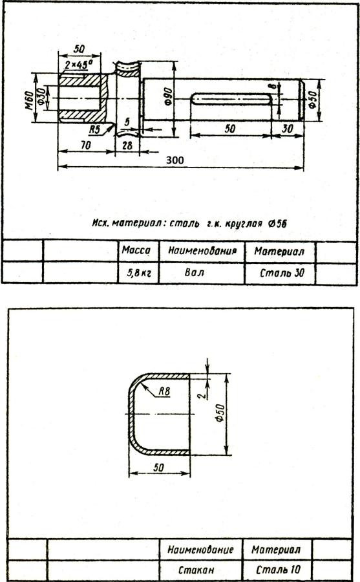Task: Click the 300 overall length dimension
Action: pos(175,160)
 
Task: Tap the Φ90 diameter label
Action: pos(168,97)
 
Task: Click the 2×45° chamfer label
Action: pos(78,65)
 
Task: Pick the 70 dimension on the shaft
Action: pos(86,145)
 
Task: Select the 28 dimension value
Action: pos(127,145)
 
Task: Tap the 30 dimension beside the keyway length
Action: pos(287,129)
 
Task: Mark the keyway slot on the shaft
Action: pos(231,99)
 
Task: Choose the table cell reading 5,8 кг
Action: pos(138,273)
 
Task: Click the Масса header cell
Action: pos(138,252)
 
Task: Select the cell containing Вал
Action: pos(202,273)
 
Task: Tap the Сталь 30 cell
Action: pos(281,273)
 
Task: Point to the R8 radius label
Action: pos(164,391)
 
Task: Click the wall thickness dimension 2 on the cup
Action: pos(202,395)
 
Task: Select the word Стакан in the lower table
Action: pos(196,569)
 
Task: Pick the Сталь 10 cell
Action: pos(279,569)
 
